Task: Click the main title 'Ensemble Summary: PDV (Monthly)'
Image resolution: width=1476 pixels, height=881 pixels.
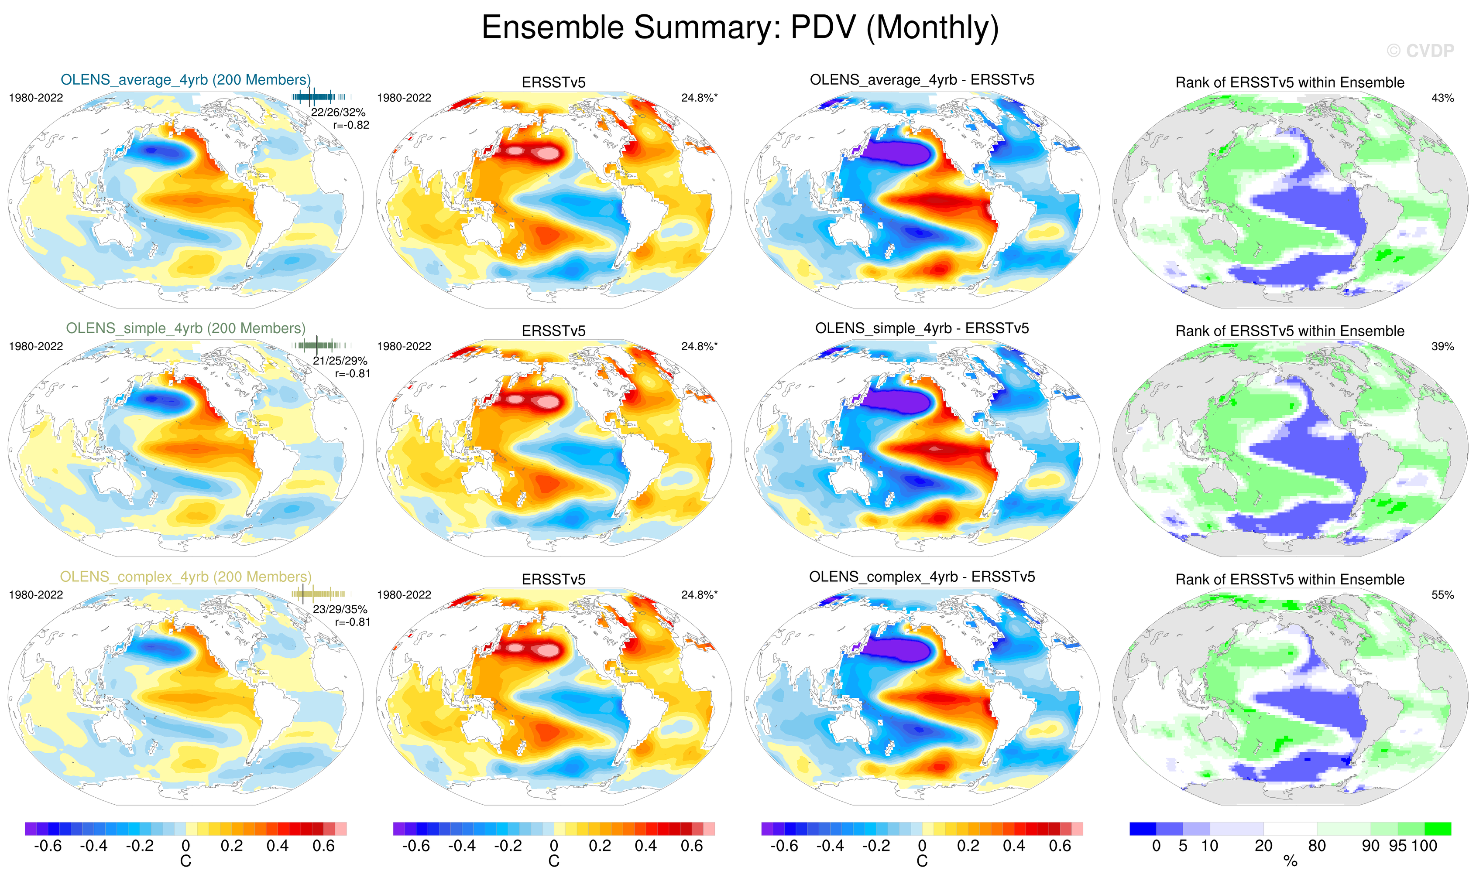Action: click(739, 27)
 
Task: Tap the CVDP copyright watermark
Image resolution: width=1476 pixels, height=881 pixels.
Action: click(1420, 51)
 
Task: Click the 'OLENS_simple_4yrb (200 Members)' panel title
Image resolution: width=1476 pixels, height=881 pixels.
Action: click(185, 328)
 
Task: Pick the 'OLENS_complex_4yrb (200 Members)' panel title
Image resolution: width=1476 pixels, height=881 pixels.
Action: click(185, 577)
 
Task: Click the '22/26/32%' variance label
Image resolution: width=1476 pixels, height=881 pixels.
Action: click(338, 112)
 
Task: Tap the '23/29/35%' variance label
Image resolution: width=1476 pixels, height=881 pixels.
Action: click(340, 609)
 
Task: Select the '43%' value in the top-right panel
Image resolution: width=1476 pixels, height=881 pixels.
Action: click(1442, 98)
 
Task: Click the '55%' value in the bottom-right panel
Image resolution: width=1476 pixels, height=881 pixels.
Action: click(1442, 595)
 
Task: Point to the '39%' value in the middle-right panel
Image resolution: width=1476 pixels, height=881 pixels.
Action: click(1442, 346)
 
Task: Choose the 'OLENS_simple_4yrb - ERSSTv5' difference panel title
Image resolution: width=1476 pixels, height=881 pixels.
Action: click(922, 328)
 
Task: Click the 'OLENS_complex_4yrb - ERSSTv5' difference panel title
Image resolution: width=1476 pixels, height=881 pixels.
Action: click(922, 577)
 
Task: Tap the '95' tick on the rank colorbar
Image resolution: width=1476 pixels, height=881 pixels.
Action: click(1397, 846)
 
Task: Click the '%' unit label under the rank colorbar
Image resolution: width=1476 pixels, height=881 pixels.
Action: click(1290, 861)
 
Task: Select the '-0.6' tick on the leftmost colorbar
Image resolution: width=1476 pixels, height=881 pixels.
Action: click(48, 846)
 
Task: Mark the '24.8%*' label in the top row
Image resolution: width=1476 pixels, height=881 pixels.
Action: click(699, 98)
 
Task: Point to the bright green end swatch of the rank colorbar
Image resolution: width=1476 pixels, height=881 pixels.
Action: click(1438, 829)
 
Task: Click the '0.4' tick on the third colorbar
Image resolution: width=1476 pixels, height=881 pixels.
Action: click(1014, 846)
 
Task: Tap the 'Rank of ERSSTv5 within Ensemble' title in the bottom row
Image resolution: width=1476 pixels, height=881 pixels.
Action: click(1290, 580)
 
